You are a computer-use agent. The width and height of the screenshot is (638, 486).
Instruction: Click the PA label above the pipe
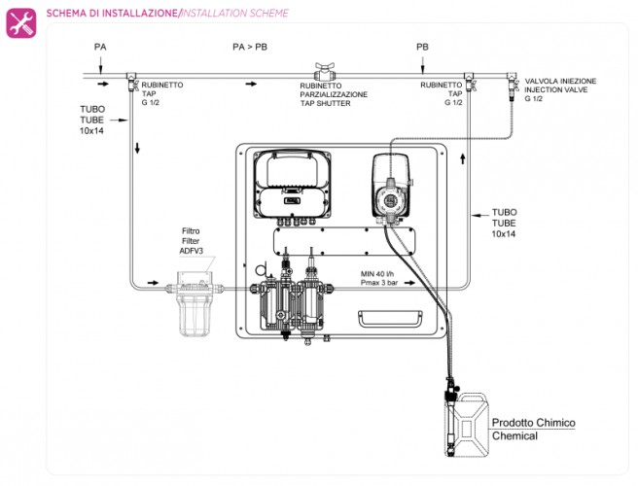(100, 46)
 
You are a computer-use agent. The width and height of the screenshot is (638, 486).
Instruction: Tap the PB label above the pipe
(422, 46)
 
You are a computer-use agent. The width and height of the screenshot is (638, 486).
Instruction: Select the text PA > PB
(250, 46)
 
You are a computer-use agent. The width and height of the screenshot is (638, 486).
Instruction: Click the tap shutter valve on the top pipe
(322, 72)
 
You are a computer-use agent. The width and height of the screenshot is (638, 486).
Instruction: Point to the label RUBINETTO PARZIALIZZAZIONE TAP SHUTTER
(333, 94)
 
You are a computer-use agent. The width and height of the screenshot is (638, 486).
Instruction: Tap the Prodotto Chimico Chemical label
(533, 429)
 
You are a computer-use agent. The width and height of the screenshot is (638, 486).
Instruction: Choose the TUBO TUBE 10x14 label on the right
(506, 223)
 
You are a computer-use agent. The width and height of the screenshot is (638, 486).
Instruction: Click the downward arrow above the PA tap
(101, 64)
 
